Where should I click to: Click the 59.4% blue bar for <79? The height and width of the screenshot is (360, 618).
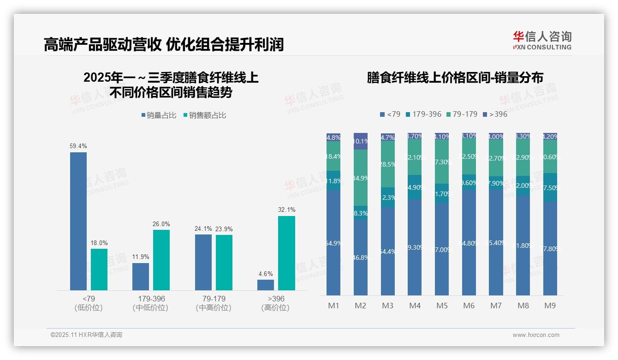click(78, 222)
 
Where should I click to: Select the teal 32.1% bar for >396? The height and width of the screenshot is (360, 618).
click(286, 253)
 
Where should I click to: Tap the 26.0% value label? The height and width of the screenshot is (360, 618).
click(161, 224)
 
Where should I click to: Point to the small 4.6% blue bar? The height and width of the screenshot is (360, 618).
click(265, 285)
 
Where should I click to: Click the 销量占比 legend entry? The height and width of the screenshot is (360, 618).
click(159, 115)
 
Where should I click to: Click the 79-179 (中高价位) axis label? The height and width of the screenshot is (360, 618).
click(214, 303)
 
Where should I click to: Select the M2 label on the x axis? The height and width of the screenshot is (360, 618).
click(360, 306)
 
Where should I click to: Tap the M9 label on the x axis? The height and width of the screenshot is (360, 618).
click(550, 306)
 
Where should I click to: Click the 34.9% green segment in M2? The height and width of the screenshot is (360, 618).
click(361, 178)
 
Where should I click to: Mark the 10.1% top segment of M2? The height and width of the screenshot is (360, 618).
click(361, 141)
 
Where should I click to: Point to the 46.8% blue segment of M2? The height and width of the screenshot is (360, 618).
click(361, 258)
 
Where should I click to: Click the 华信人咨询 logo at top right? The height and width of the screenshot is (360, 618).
click(542, 40)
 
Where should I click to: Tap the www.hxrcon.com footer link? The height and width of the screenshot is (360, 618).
click(536, 335)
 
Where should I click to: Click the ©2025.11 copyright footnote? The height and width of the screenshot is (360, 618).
click(86, 335)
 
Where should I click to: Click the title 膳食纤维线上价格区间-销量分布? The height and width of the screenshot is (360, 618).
click(455, 78)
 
